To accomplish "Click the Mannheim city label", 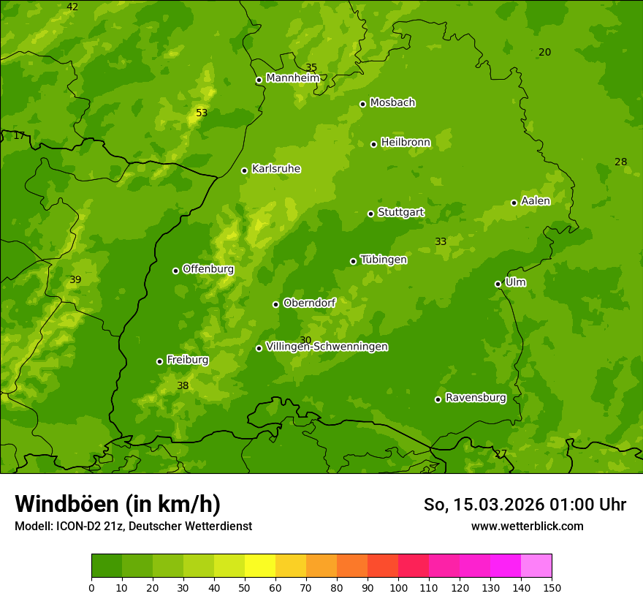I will click(x=293, y=78).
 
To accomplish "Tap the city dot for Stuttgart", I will click(x=370, y=214).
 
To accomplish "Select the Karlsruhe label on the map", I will click(x=275, y=169).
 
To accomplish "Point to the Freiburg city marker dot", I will click(x=159, y=361).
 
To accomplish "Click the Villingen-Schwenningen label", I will click(x=327, y=347).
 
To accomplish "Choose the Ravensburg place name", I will click(x=476, y=398).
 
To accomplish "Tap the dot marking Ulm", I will click(x=498, y=284).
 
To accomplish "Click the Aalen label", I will click(x=536, y=201).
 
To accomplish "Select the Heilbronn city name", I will click(x=406, y=143).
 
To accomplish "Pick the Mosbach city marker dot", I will click(x=362, y=104).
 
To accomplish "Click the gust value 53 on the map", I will click(x=202, y=113).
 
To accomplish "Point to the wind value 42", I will click(x=72, y=7).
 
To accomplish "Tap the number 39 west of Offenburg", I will click(x=75, y=279).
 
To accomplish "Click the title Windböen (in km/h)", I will click(x=118, y=504).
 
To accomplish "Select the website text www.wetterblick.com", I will click(x=527, y=526).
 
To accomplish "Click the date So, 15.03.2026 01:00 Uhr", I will click(x=525, y=505).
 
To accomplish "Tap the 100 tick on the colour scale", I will click(x=398, y=587).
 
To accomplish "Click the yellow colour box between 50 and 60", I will click(x=260, y=566).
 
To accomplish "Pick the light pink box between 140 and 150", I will click(x=536, y=566).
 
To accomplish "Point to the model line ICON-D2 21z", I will click(x=133, y=526).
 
